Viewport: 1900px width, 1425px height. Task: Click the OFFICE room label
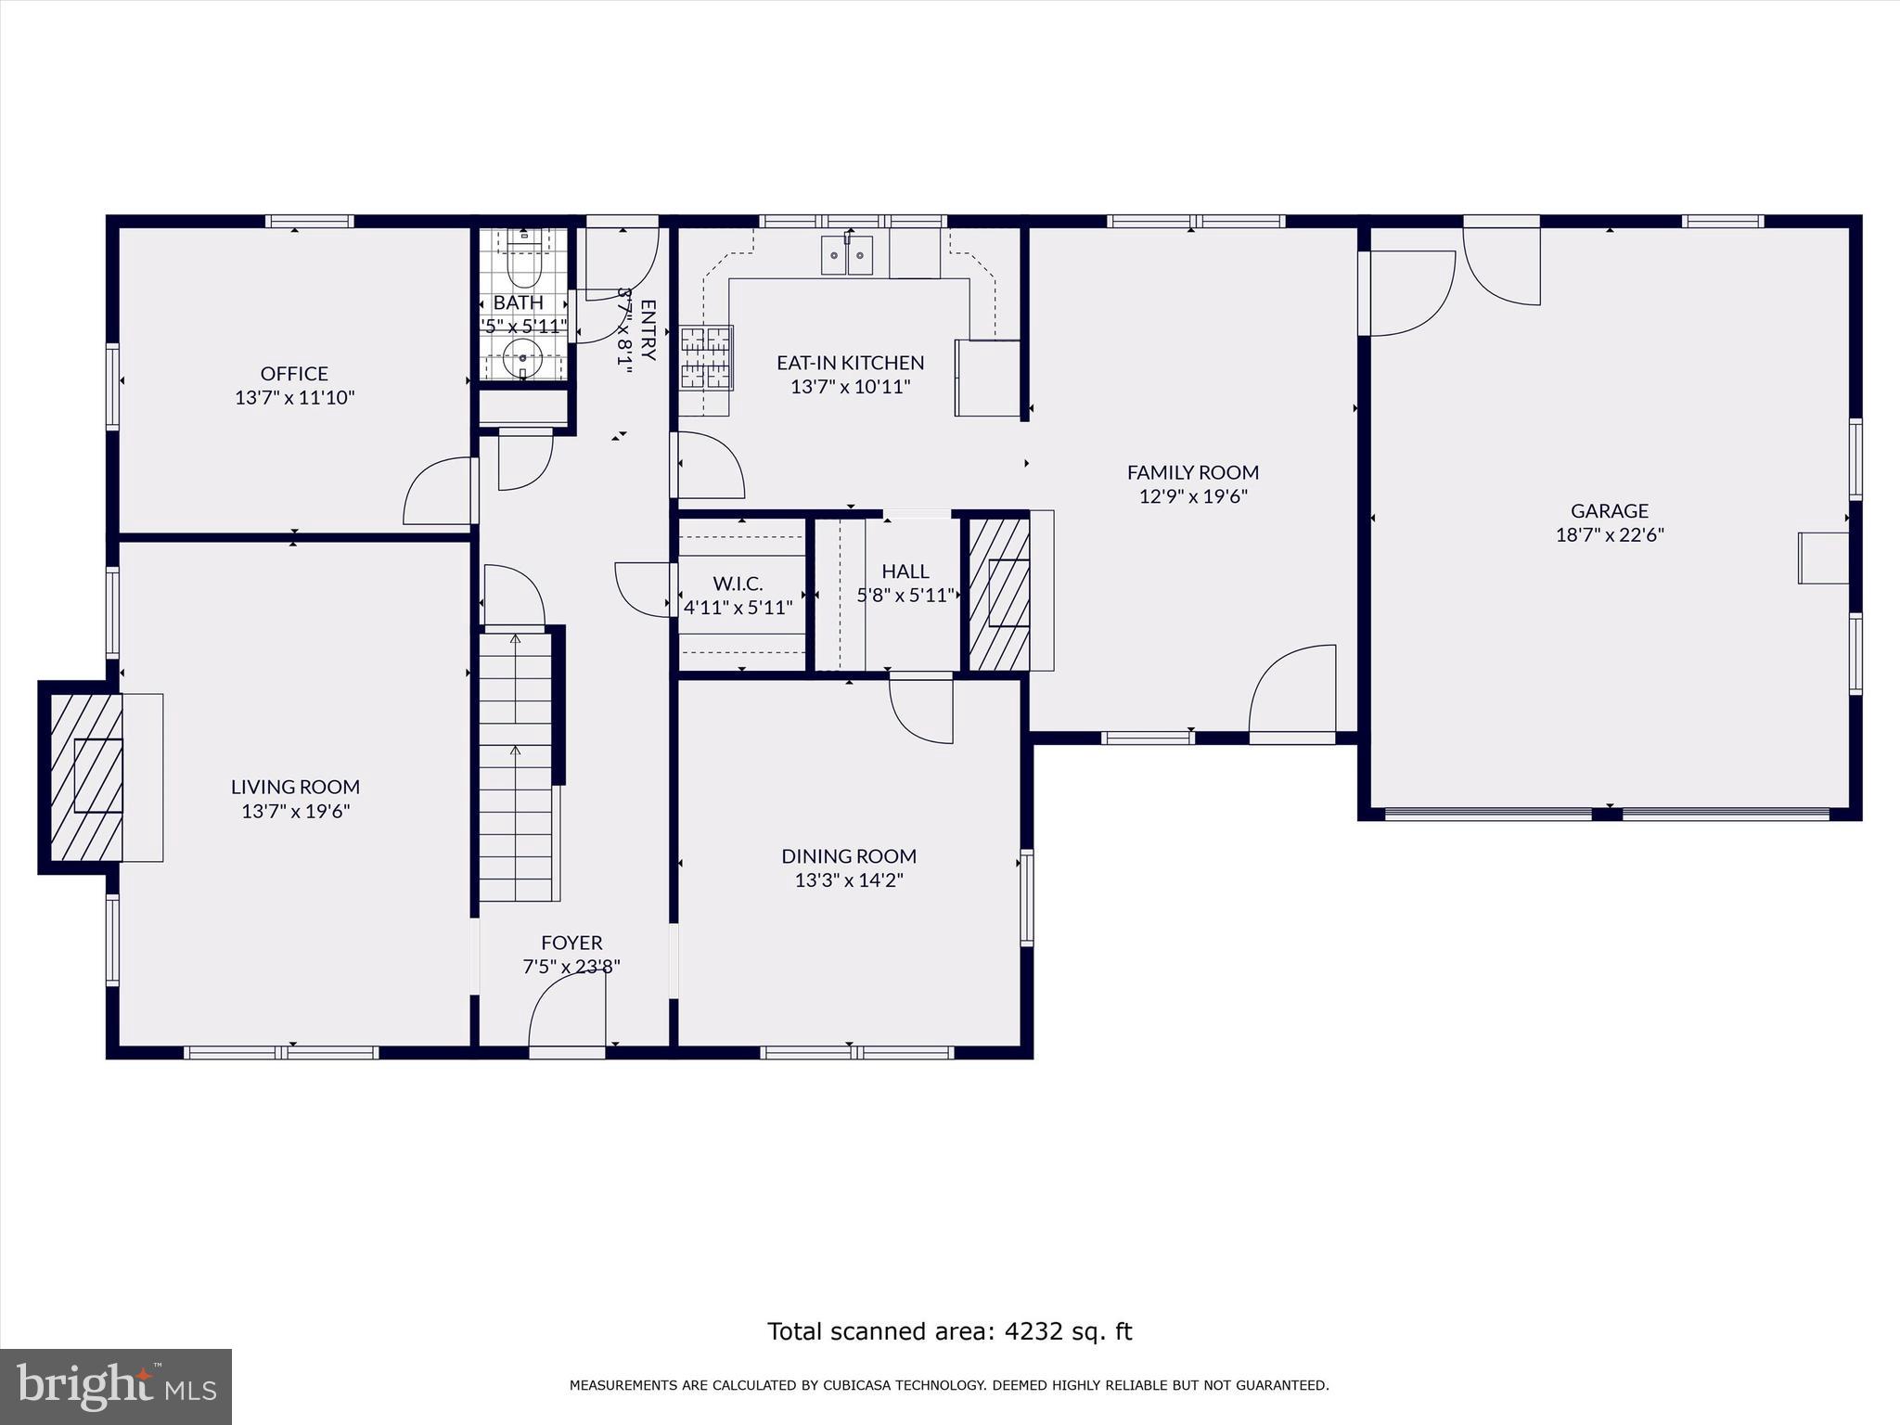coord(294,373)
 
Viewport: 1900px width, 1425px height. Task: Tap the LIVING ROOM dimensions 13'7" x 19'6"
coord(295,811)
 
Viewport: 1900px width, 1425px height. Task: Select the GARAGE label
coord(1610,510)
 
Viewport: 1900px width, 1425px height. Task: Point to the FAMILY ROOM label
coord(1193,472)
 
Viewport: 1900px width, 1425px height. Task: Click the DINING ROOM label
coord(849,855)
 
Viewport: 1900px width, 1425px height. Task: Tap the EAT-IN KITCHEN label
coord(850,363)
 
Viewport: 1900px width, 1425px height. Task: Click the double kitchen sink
coord(847,256)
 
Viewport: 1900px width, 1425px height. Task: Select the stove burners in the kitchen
coord(706,356)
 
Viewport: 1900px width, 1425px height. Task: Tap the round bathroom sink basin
coord(524,356)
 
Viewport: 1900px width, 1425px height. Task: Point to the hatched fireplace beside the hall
coord(999,594)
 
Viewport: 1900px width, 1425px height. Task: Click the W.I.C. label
coord(738,584)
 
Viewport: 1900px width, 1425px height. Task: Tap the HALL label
coord(905,571)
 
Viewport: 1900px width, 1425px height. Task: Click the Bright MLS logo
coord(116,1386)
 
